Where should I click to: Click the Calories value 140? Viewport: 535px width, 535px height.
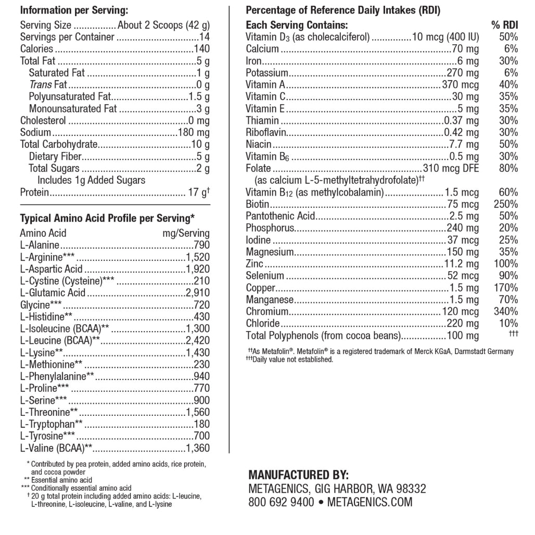point(201,49)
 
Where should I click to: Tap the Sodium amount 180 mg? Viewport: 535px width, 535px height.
point(194,133)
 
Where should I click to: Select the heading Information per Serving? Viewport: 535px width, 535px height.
point(74,10)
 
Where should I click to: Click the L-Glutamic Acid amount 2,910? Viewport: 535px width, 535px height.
point(198,293)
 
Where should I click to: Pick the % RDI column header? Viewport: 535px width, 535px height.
point(504,25)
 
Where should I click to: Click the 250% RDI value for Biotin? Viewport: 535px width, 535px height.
point(505,204)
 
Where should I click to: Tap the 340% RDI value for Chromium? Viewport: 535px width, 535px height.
point(505,312)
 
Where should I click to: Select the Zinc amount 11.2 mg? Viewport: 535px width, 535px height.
point(461,264)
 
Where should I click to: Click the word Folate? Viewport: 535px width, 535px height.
point(258,168)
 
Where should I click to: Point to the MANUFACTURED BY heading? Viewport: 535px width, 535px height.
point(298,475)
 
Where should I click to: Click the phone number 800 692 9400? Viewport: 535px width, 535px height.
point(281,502)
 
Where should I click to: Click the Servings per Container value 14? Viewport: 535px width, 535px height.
point(205,37)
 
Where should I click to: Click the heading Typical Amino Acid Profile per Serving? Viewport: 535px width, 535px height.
point(107,218)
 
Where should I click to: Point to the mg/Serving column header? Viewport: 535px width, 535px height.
point(186,233)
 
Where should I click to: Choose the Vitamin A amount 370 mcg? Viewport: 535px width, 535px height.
point(460,85)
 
